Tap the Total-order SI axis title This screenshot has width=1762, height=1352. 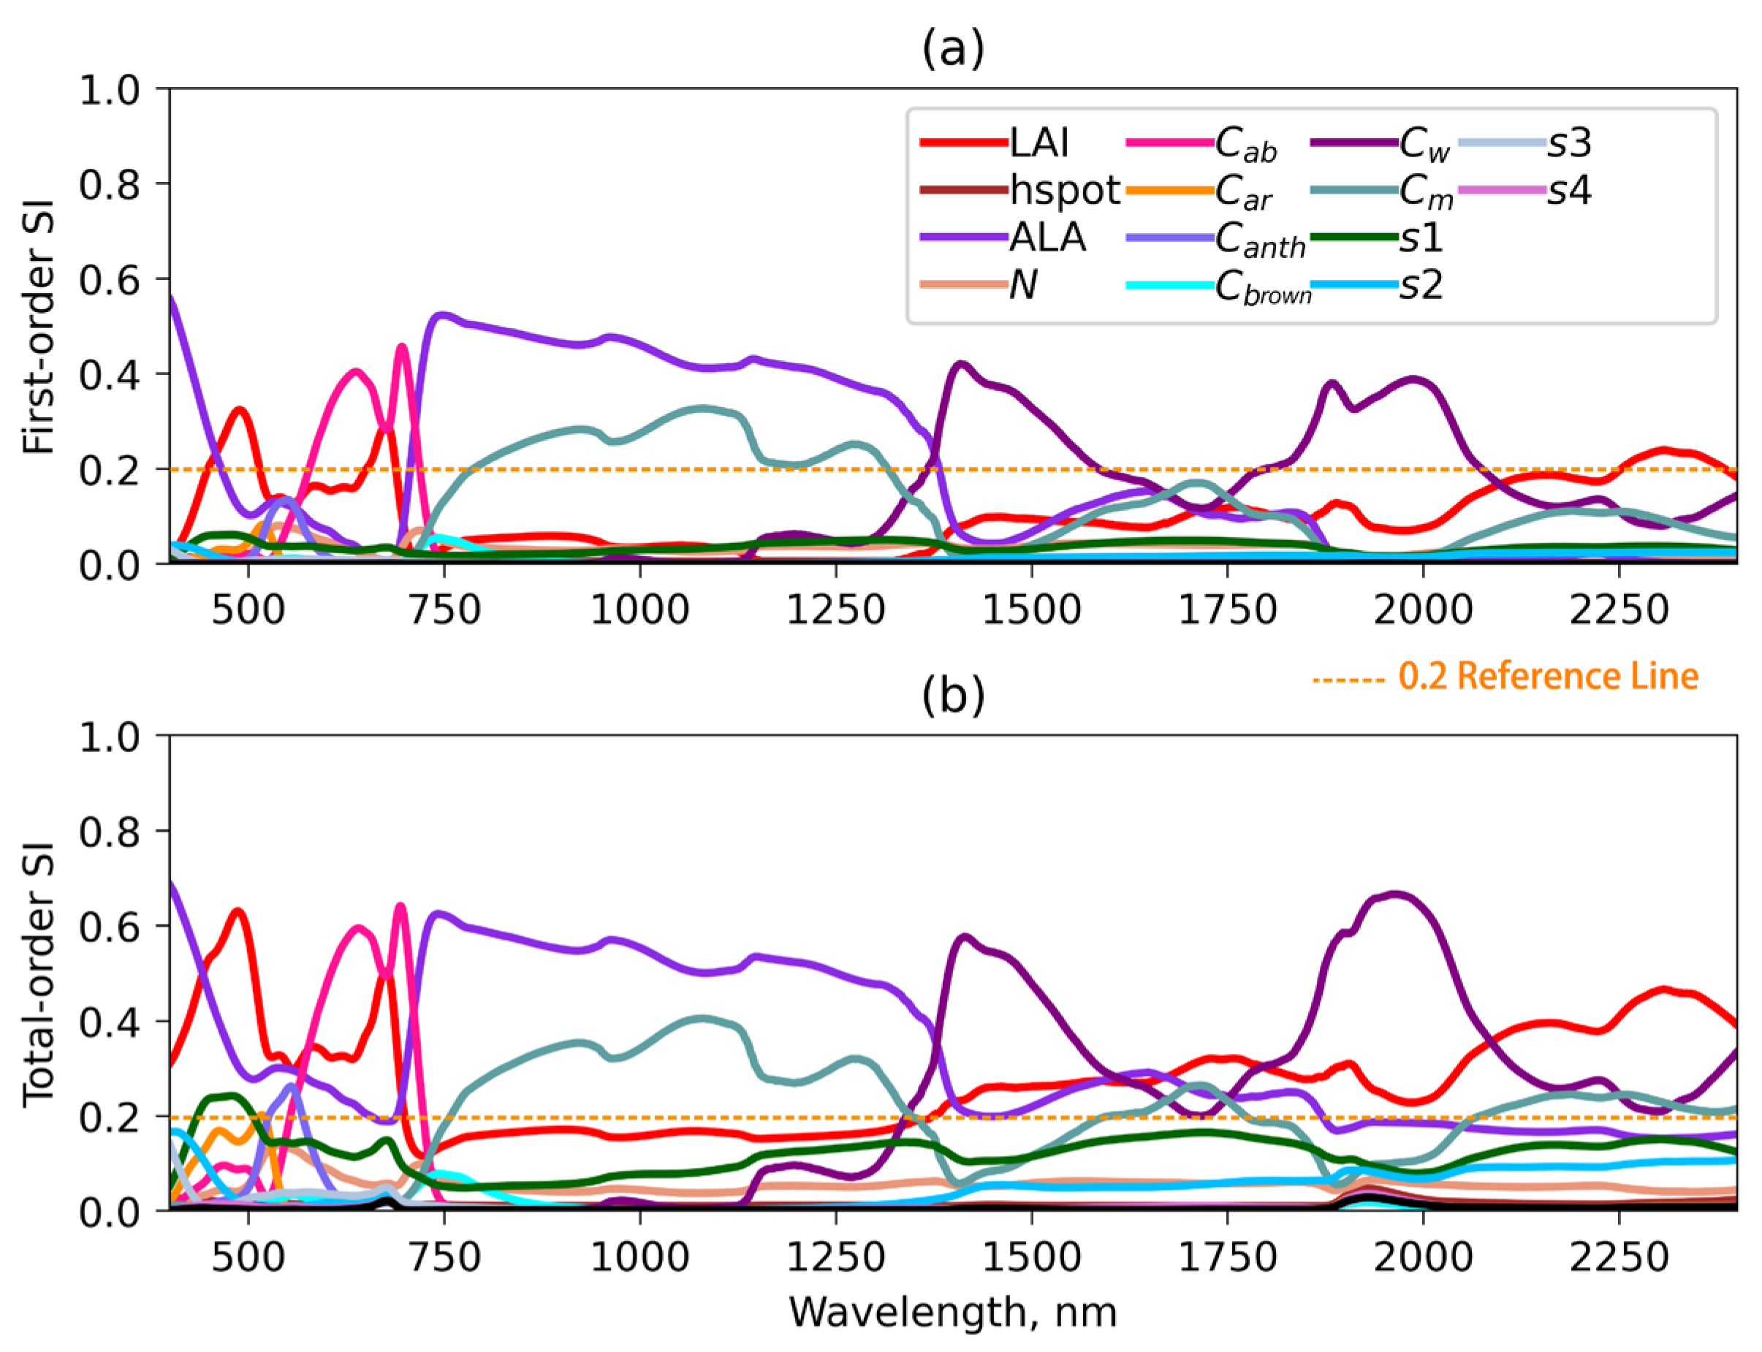pos(39,973)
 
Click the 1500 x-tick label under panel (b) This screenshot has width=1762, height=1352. pos(1031,1257)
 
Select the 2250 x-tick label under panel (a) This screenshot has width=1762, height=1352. pos(1619,610)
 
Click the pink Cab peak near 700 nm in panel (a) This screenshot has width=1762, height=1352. pos(401,348)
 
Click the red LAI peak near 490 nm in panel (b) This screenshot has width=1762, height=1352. pos(238,912)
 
